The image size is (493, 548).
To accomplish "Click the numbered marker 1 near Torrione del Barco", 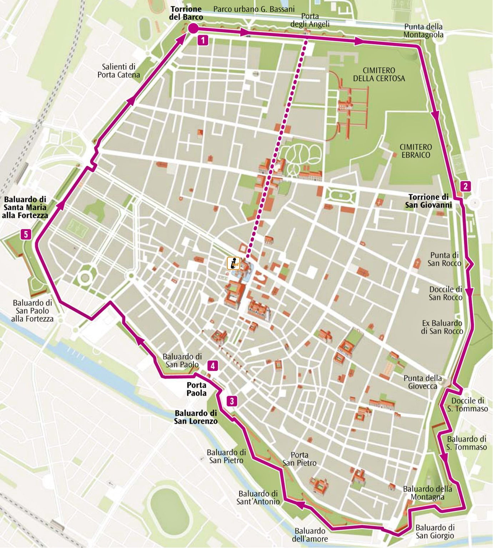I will click(203, 40).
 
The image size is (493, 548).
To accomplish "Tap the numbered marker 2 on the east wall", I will click(465, 186).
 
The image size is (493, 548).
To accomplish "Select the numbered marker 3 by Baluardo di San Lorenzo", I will click(232, 401).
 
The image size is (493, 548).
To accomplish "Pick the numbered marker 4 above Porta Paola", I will click(213, 366).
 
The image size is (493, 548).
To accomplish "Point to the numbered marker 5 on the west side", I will click(26, 234).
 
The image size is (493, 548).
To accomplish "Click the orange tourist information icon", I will click(233, 263).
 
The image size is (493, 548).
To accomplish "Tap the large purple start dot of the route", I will click(193, 29).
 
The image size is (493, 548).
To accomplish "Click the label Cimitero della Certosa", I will click(379, 74).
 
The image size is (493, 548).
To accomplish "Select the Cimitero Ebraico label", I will click(416, 151).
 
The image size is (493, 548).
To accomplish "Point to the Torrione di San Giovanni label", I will click(428, 201).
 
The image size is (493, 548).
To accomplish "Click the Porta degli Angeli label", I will click(310, 20).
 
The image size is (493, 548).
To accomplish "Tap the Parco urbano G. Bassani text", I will click(254, 9).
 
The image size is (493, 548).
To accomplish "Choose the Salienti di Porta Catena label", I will click(119, 71).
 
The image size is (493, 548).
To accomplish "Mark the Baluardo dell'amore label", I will click(310, 535).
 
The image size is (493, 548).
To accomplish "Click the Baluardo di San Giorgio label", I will click(435, 531).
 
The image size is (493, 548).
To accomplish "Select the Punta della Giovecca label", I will click(422, 382).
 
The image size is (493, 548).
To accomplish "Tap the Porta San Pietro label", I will click(299, 459).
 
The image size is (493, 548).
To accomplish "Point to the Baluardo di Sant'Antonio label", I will click(258, 497).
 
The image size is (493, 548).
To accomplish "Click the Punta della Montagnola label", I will click(423, 30).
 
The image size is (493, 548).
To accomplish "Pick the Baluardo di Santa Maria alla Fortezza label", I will click(25, 207).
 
